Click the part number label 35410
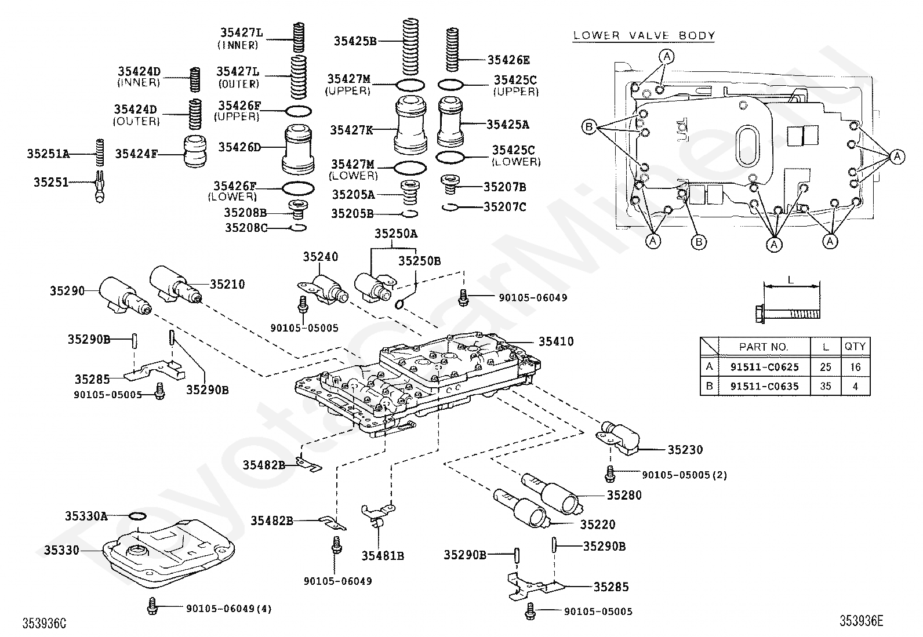tap(556, 341)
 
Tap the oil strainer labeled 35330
tap(169, 552)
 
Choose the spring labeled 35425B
tap(410, 47)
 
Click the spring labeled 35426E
tap(452, 50)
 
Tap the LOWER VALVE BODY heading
tap(644, 35)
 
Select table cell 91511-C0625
tap(764, 367)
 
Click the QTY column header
tap(855, 347)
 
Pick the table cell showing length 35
tap(826, 386)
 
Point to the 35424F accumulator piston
tap(194, 151)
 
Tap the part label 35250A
tap(395, 234)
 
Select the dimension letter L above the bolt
tap(790, 281)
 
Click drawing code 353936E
tap(862, 621)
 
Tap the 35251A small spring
tap(100, 152)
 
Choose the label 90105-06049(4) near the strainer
tap(228, 609)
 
